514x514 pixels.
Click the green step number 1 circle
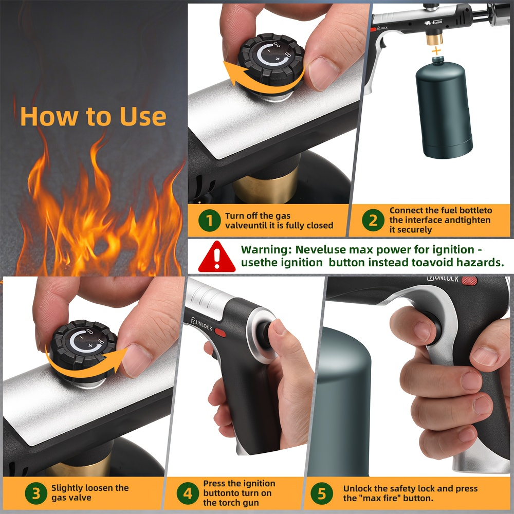(x=209, y=221)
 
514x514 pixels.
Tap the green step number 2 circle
(x=373, y=220)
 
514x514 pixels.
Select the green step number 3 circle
(x=36, y=493)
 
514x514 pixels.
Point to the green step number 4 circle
(x=188, y=493)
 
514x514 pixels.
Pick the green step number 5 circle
(x=322, y=493)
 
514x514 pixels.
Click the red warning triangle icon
(x=217, y=256)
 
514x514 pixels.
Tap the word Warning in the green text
(x=266, y=250)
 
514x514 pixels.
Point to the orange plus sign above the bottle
(x=436, y=51)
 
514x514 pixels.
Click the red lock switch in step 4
(x=220, y=333)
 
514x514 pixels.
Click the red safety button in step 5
(x=469, y=281)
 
